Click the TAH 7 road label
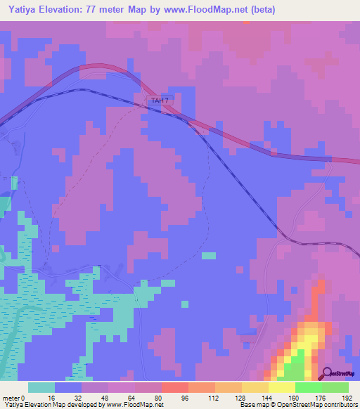pyautogui.click(x=160, y=101)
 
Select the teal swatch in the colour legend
pyautogui.click(x=41, y=387)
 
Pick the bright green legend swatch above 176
pyautogui.click(x=309, y=387)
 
